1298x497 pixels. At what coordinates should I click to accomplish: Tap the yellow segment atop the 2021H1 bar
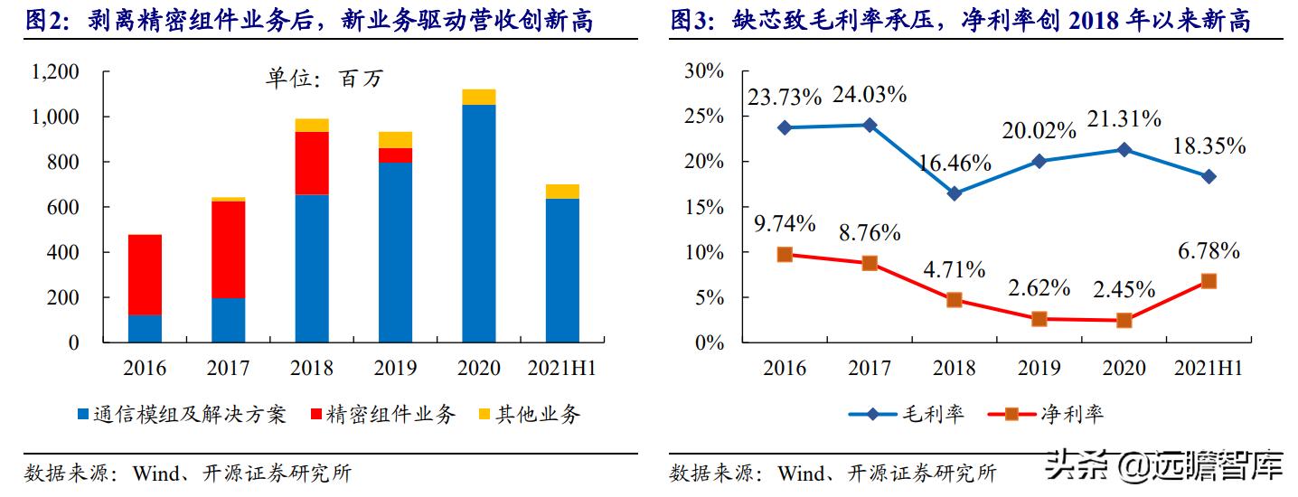562,191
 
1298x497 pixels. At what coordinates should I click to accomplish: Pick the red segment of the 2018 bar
312,163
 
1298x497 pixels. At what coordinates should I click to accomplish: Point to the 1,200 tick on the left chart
56,72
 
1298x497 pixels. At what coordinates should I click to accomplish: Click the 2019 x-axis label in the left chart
395,368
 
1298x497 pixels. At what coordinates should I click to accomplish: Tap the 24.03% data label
870,94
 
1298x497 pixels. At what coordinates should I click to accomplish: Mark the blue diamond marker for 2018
955,193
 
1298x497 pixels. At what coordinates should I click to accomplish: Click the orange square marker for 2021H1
1209,281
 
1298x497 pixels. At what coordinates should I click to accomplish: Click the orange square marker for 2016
785,255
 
